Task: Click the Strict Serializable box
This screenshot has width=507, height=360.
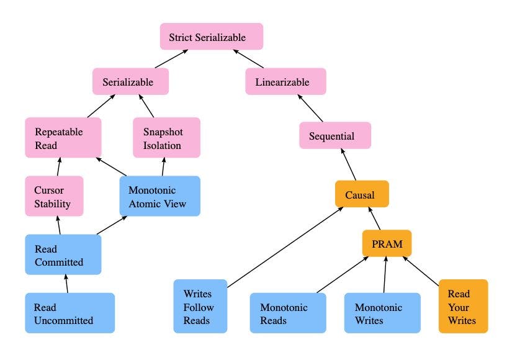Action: click(212, 37)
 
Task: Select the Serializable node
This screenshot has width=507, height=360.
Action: click(131, 81)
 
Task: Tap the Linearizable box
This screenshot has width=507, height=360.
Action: click(285, 81)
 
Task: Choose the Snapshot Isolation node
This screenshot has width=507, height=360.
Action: click(166, 138)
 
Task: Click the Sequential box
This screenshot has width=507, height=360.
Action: click(334, 136)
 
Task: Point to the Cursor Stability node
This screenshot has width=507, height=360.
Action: click(54, 196)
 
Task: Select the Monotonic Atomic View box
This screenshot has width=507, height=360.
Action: click(159, 196)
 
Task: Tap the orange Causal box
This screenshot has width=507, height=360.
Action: click(361, 194)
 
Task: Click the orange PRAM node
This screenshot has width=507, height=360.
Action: click(387, 244)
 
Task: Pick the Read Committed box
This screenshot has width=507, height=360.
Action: click(63, 254)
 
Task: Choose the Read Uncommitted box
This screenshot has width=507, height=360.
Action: click(70, 313)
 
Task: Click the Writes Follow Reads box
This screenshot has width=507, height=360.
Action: click(200, 306)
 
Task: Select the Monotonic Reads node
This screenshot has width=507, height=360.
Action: click(287, 313)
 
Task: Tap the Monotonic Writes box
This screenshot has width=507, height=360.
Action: click(382, 313)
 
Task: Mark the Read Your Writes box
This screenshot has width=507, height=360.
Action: click(463, 306)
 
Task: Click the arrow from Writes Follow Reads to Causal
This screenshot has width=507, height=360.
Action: click(285, 246)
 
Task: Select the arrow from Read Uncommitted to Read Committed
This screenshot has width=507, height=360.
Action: click(67, 284)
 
